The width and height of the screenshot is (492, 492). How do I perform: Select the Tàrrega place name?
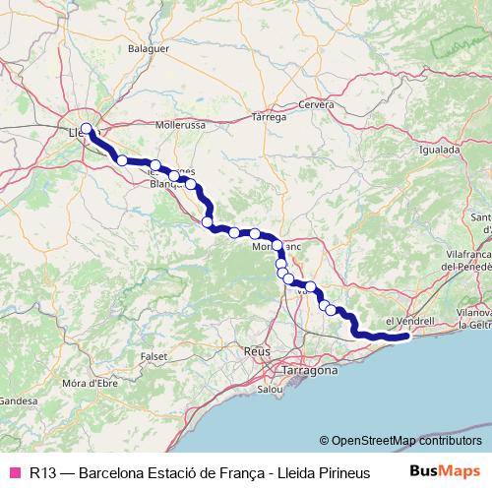(270, 116)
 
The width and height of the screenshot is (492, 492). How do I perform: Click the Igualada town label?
(439, 151)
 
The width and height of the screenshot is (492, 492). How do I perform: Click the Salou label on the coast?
(272, 389)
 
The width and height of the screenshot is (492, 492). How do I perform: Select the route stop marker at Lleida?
(87, 128)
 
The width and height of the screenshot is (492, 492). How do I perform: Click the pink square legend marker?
(15, 472)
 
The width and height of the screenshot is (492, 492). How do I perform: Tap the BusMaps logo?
(447, 471)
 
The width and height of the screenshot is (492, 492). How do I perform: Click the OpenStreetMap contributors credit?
(401, 441)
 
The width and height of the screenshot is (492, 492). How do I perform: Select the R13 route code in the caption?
(42, 472)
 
